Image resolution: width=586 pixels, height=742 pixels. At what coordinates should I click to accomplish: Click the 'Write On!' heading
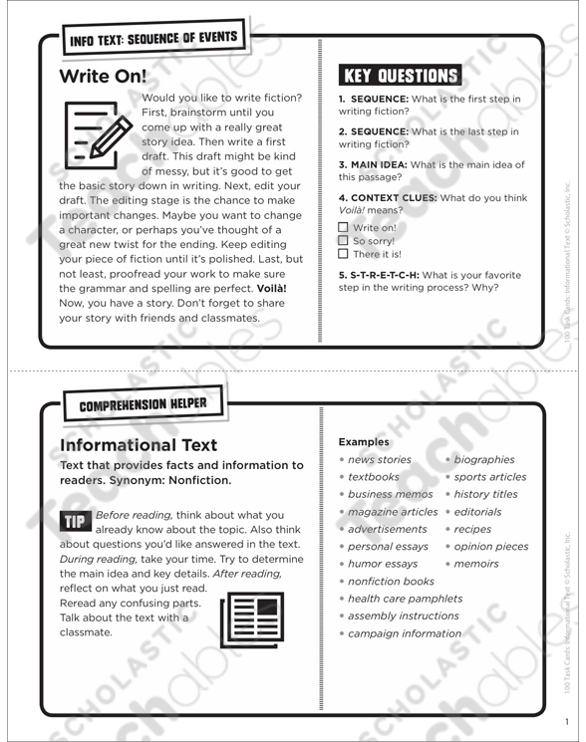tap(103, 77)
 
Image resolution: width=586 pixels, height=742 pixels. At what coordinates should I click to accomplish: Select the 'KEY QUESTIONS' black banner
tap(401, 75)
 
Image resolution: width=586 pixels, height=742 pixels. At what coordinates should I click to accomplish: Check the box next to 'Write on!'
tap(344, 227)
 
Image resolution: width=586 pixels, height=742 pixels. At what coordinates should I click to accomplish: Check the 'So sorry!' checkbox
tap(344, 240)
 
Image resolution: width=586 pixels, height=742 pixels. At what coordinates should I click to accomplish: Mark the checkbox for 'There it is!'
tap(344, 254)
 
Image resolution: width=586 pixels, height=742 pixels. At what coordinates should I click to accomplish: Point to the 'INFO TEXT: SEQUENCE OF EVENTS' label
tap(152, 40)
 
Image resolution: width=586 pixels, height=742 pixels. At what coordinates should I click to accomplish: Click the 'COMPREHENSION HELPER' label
tap(144, 403)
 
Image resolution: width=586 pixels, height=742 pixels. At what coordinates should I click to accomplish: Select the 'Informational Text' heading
tap(139, 445)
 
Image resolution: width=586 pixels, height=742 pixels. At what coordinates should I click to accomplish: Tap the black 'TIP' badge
tap(75, 520)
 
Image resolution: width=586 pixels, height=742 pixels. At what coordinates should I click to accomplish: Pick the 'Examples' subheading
tap(364, 441)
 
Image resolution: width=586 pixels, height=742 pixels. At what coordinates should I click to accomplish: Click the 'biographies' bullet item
tap(484, 460)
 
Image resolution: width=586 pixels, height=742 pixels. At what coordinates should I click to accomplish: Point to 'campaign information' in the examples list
tap(404, 633)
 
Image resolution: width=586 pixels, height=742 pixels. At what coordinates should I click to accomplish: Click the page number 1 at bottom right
tap(564, 721)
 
